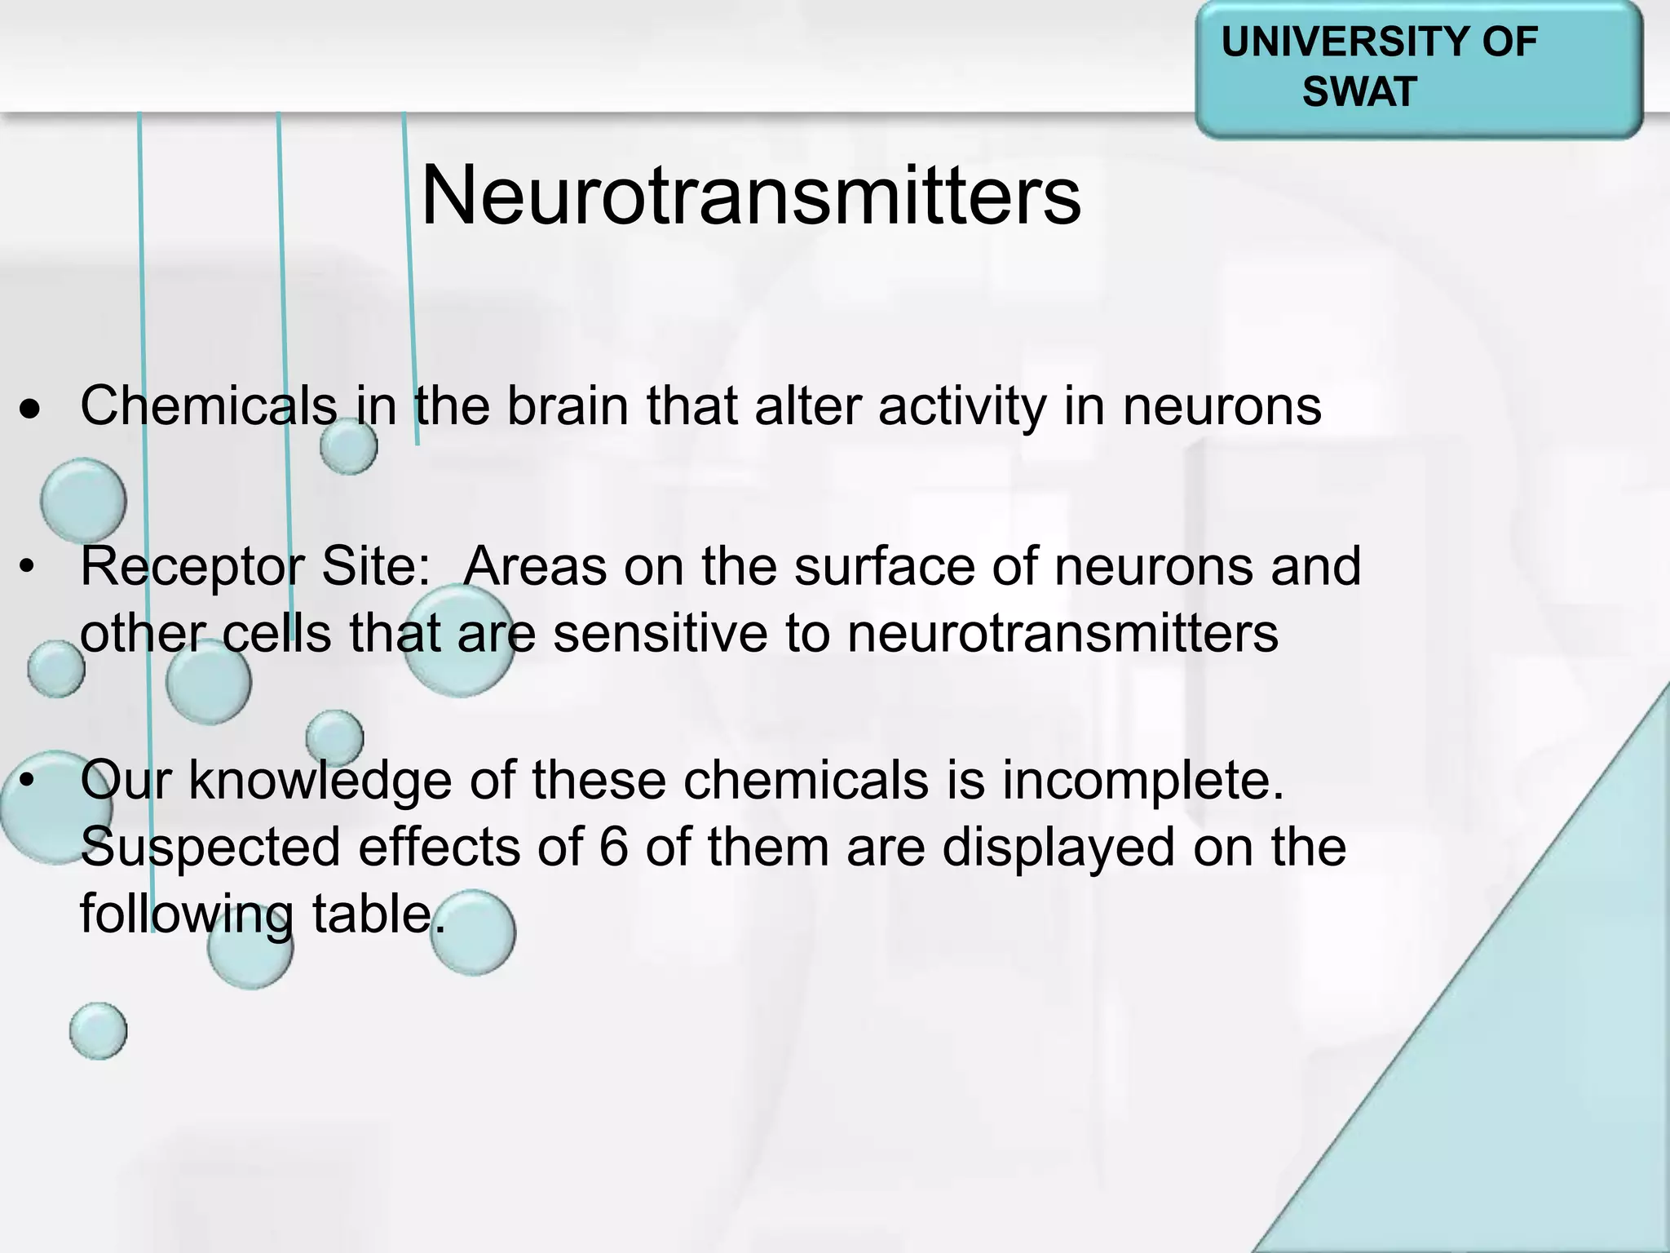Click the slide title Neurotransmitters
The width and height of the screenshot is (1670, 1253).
750,196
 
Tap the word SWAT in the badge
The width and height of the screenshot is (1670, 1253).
1359,91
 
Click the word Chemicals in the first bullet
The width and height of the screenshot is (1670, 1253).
208,405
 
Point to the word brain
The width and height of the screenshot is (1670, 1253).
568,405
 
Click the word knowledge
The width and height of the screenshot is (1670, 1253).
320,780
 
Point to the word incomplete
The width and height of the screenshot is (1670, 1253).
1143,780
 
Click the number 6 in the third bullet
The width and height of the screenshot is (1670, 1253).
613,847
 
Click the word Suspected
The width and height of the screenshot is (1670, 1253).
210,847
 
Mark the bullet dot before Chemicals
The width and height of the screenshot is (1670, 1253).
30,411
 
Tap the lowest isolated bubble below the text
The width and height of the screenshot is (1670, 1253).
98,1031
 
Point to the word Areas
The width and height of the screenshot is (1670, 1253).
535,566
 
